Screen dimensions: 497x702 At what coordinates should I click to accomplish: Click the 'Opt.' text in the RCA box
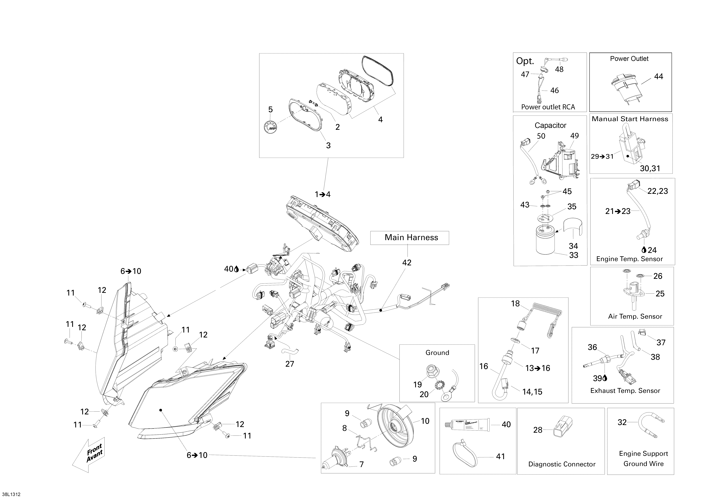(x=525, y=61)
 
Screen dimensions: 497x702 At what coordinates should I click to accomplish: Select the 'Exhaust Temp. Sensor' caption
(x=625, y=391)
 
